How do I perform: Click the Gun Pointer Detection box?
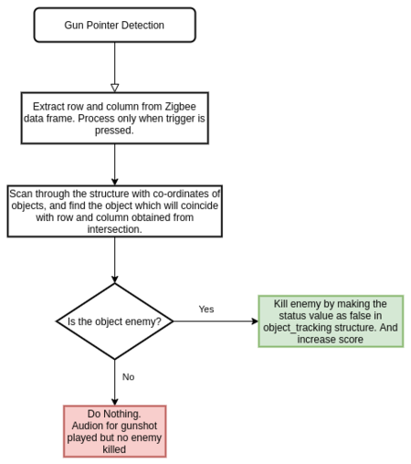coord(115,25)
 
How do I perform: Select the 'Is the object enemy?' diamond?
coord(115,322)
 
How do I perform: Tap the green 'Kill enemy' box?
coord(331,322)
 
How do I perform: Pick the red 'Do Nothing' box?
coord(115,431)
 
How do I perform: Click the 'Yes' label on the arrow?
coord(206,309)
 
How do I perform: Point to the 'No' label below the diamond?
coord(128,377)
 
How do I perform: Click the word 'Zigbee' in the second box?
coord(181,107)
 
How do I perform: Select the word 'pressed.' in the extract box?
coord(114,131)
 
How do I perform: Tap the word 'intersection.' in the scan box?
coord(115,229)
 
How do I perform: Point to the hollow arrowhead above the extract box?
coord(115,88)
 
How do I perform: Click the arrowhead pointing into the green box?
coord(255,322)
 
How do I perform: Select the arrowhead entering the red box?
coord(115,402)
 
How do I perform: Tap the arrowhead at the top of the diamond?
coord(115,279)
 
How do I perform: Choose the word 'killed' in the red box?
coord(114,449)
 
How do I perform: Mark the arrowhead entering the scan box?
coord(115,182)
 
